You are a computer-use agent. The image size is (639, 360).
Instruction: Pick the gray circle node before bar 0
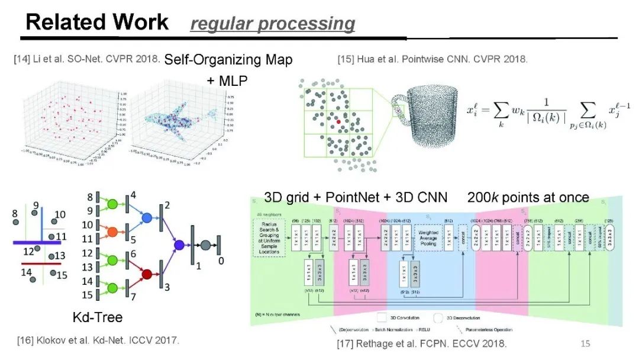tap(205, 245)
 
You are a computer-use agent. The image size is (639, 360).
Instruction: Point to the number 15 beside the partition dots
tap(62, 275)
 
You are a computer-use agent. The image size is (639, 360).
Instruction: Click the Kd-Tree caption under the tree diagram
tap(98, 317)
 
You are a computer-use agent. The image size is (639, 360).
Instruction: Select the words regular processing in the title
tap(273, 24)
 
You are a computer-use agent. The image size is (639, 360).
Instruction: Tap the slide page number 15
tap(585, 343)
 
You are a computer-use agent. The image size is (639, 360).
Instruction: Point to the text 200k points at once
tap(528, 197)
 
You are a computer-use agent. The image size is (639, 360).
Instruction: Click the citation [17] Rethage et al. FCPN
tap(422, 343)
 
